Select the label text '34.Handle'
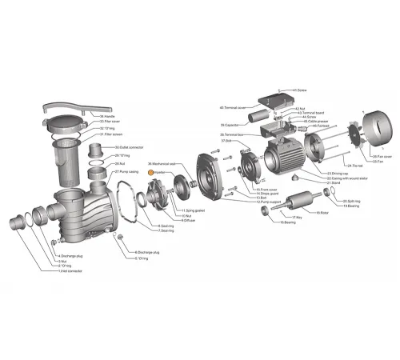[109, 117]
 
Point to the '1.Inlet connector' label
[69, 270]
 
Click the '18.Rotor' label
[322, 213]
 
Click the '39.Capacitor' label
[231, 125]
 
